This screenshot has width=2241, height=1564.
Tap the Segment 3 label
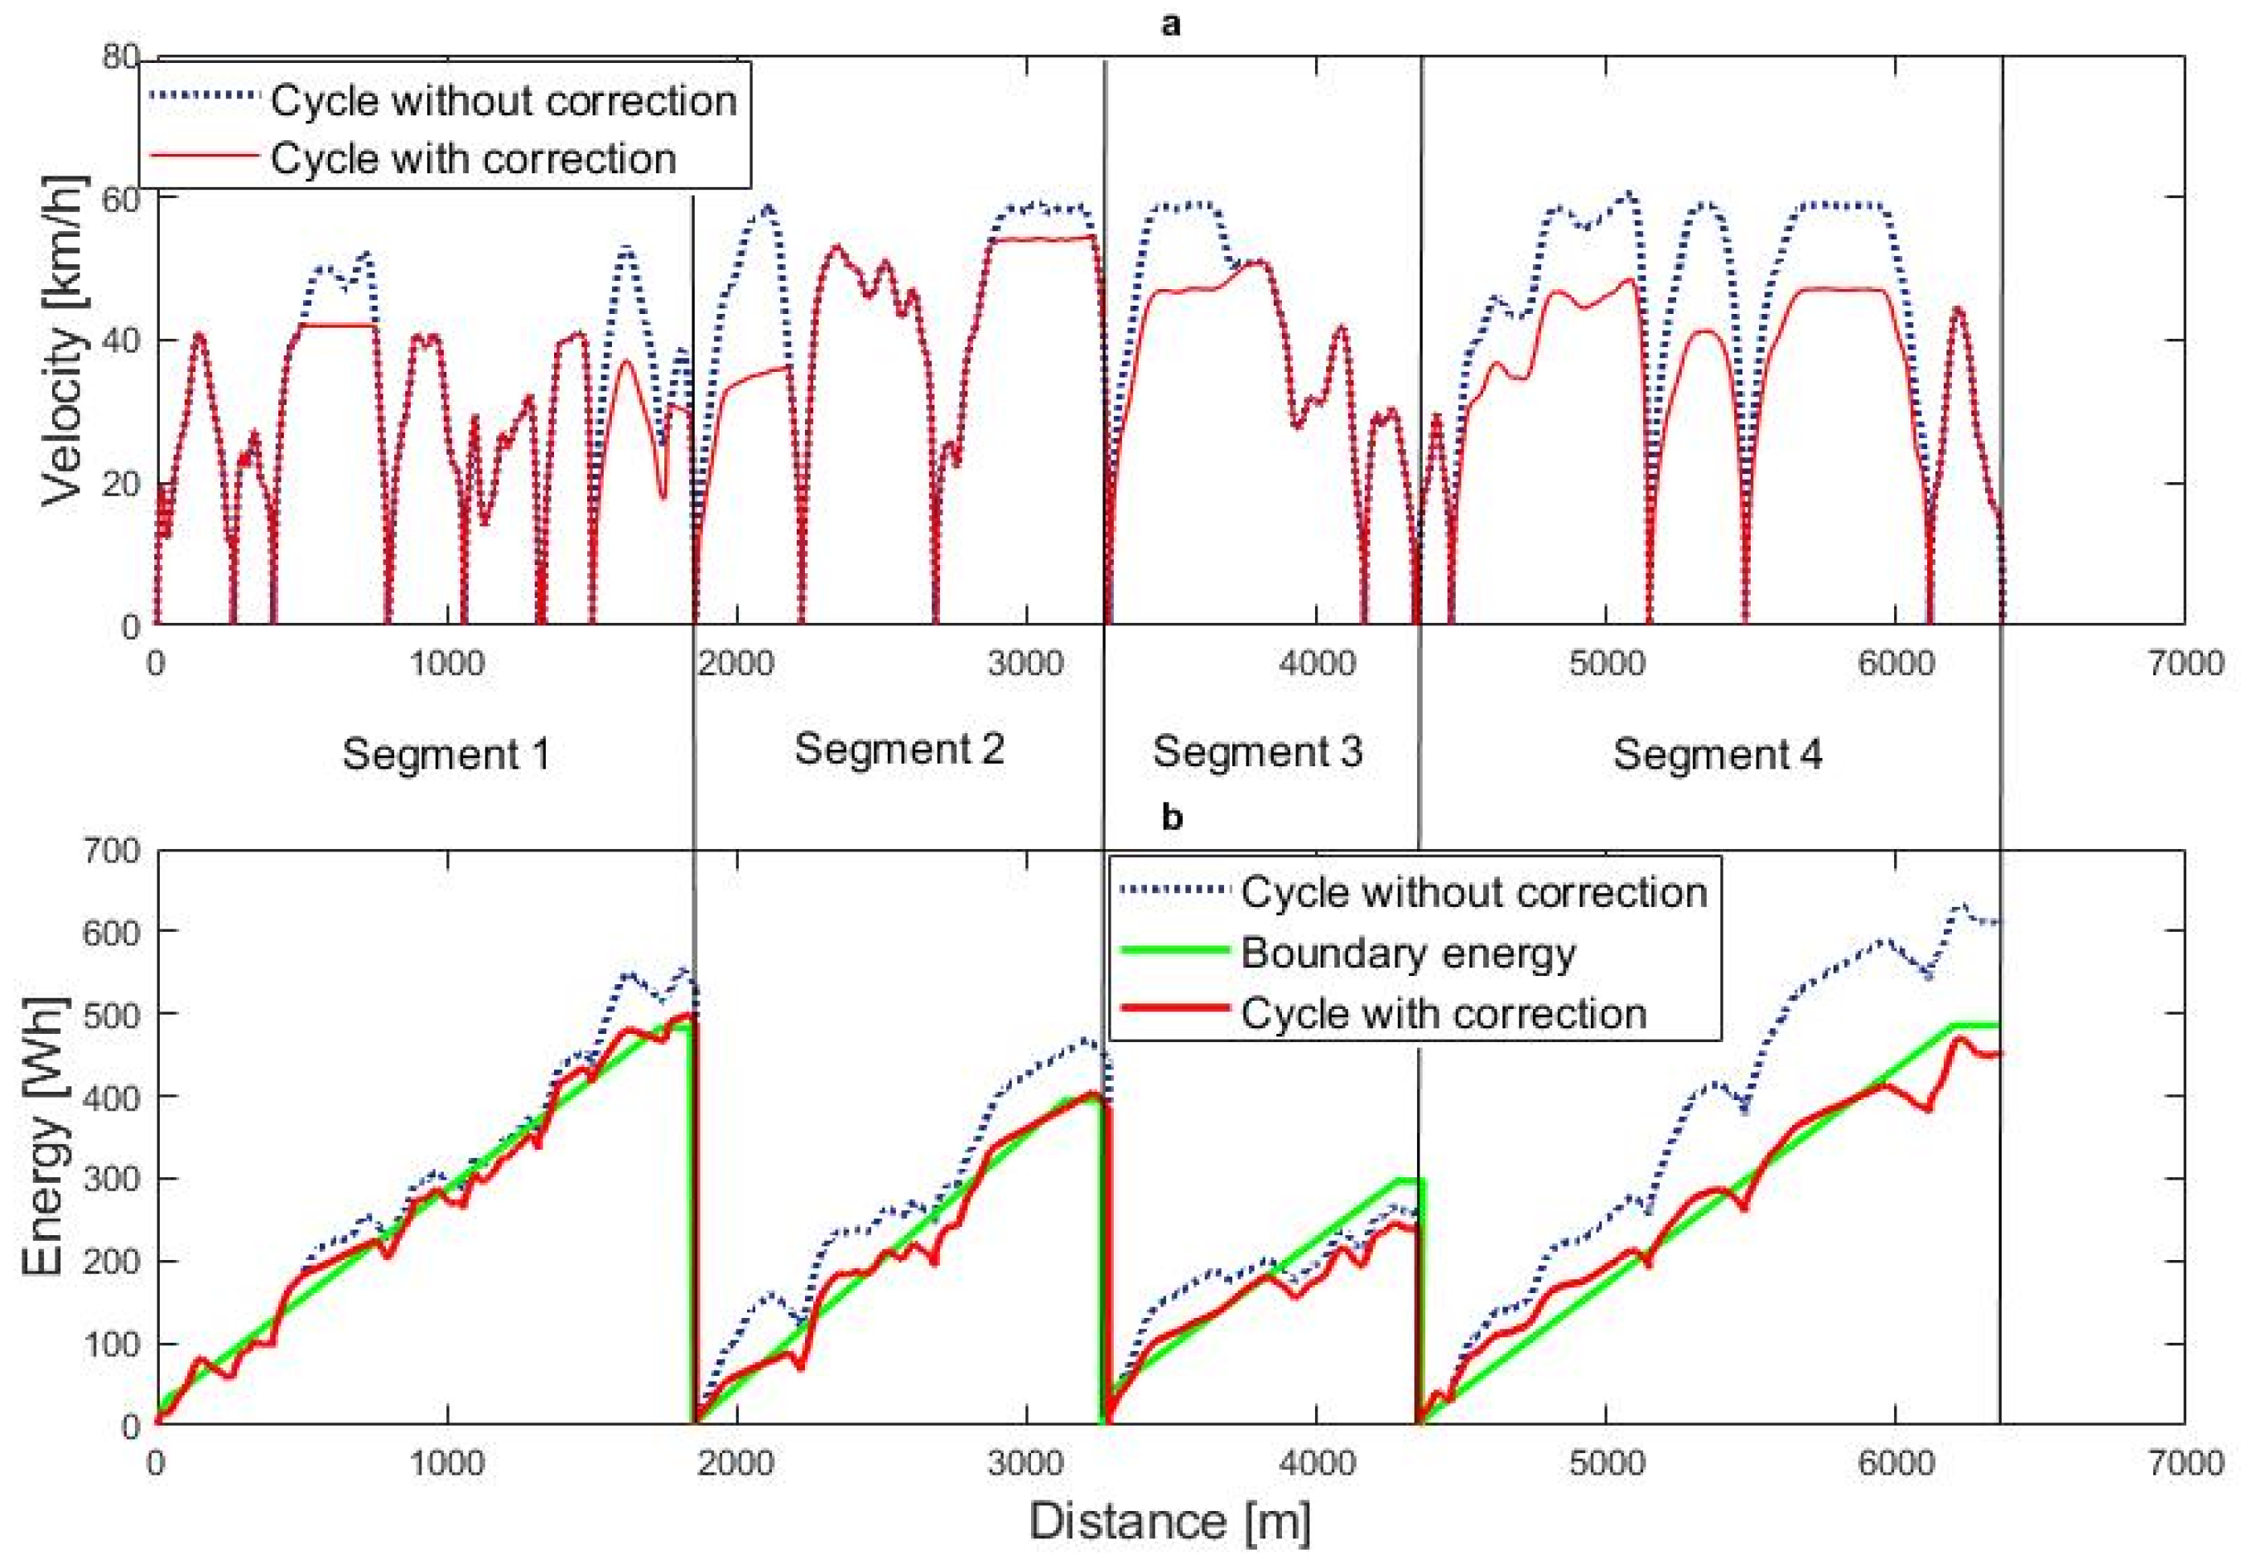(1257, 751)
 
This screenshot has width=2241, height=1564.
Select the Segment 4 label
(1717, 755)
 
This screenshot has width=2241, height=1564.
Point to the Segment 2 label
(899, 749)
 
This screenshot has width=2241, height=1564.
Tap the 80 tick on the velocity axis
(119, 58)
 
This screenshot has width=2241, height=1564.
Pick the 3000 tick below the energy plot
(1025, 1464)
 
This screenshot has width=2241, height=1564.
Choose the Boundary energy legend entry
(1408, 953)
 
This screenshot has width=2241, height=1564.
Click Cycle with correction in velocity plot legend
(474, 158)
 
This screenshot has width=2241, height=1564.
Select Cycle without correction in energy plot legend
(1474, 892)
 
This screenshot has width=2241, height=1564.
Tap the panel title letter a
(1169, 24)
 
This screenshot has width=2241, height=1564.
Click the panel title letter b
(1171, 817)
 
